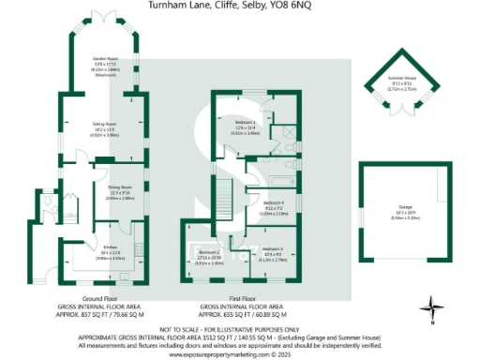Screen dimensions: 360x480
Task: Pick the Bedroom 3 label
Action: tap(274, 248)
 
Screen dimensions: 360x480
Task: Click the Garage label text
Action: tap(405, 215)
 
